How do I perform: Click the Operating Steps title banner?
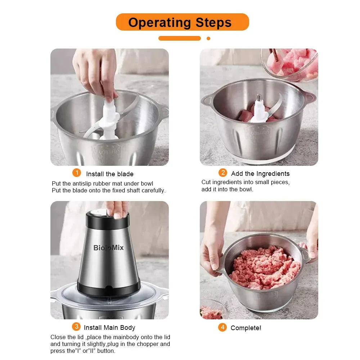tap(182, 22)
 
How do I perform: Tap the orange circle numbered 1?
tap(77, 173)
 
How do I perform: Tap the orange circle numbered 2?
tap(223, 173)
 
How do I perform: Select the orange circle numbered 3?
tap(76, 327)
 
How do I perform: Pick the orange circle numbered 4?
tap(222, 327)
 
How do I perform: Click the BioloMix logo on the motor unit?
tap(108, 247)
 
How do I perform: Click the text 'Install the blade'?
tap(109, 174)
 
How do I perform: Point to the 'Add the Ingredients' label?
tap(260, 174)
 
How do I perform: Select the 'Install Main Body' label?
tap(109, 328)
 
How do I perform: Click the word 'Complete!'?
tap(246, 328)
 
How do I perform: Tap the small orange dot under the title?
tap(208, 38)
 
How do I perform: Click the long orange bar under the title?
tap(180, 38)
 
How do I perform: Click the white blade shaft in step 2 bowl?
tap(259, 108)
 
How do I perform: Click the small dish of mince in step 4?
tap(212, 311)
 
